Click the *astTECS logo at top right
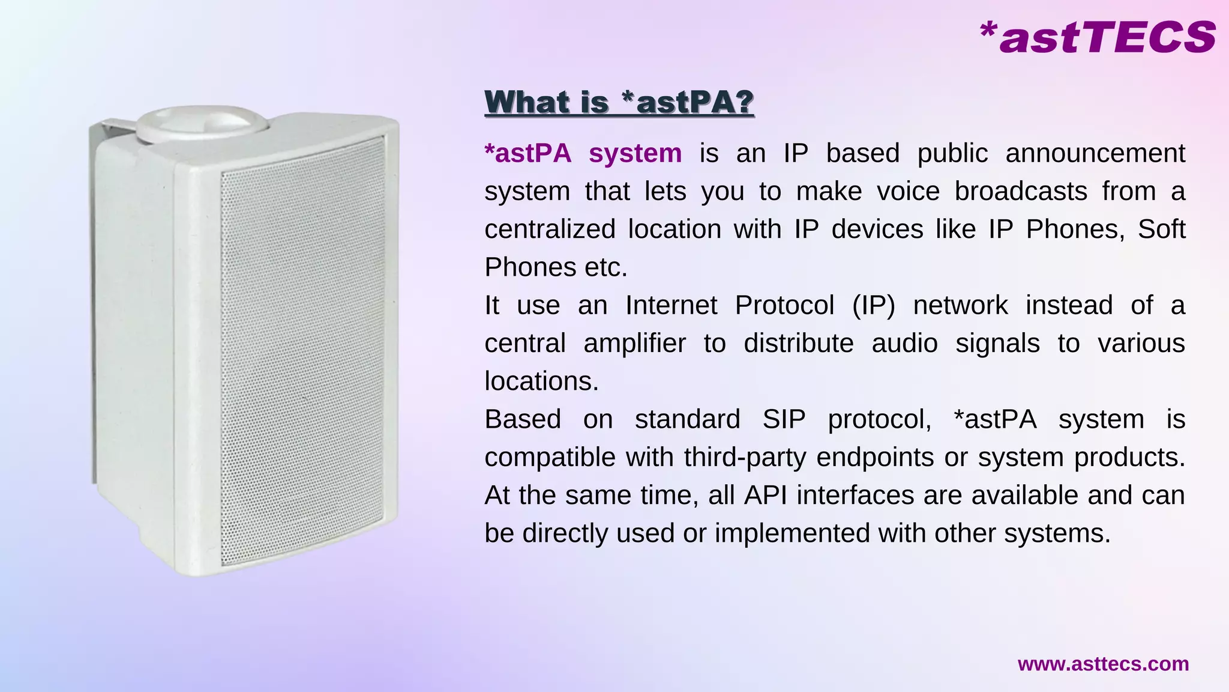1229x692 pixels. [x=1097, y=37]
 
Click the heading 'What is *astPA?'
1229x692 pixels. [x=619, y=102]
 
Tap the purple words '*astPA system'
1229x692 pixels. [x=583, y=153]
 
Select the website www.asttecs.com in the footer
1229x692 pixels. [x=1103, y=664]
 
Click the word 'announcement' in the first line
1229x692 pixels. [x=1095, y=153]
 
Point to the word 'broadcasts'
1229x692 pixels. [x=1020, y=191]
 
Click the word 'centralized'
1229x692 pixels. [x=550, y=229]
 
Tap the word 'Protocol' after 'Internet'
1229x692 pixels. [x=784, y=305]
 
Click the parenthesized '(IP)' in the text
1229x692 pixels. [x=873, y=305]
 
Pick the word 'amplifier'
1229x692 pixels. [x=634, y=344]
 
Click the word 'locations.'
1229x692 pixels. [x=541, y=381]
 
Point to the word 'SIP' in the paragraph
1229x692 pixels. [x=784, y=419]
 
